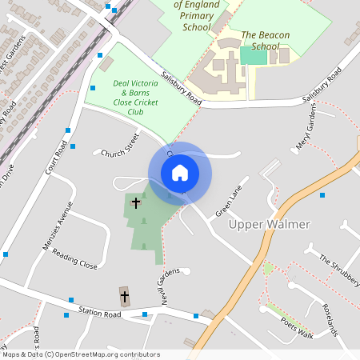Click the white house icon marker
[x=180, y=173]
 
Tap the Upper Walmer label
[x=269, y=225]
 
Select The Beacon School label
[x=265, y=41]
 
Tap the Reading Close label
[x=74, y=258]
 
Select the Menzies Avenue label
[x=57, y=226]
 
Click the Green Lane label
[x=228, y=202]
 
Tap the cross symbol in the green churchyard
[x=136, y=202]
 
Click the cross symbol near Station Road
[x=124, y=297]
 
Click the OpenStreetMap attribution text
[x=80, y=354]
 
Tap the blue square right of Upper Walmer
[x=322, y=194]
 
